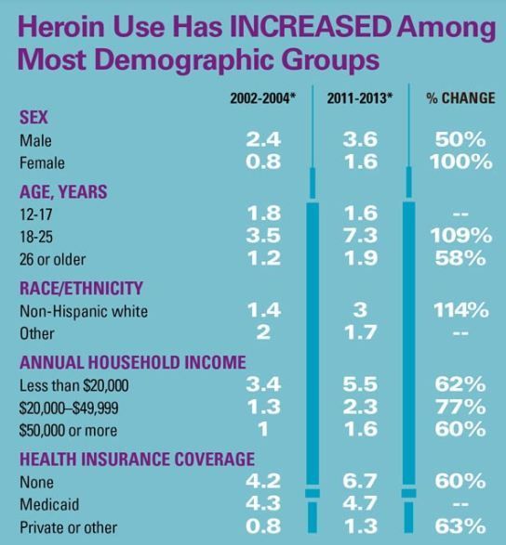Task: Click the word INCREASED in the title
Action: [x=309, y=27]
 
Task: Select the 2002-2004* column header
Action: [x=263, y=98]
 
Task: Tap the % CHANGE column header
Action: [x=460, y=98]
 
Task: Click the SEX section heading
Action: [x=33, y=117]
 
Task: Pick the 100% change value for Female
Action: [x=460, y=162]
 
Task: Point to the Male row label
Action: [x=35, y=141]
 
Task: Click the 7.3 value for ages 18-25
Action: [x=360, y=235]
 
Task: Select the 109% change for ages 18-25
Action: [x=461, y=235]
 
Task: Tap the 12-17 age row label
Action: [x=36, y=214]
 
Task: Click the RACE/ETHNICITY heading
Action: [x=81, y=288]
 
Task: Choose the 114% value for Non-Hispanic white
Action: [x=461, y=310]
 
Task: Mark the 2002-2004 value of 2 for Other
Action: [x=263, y=332]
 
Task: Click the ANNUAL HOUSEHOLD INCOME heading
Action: [x=133, y=362]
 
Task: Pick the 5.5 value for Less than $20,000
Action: [x=360, y=384]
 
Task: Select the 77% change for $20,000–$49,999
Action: [x=460, y=407]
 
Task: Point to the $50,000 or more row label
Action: [x=68, y=431]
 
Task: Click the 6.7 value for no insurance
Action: [x=360, y=481]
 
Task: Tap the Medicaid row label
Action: [x=49, y=505]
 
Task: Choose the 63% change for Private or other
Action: [x=460, y=526]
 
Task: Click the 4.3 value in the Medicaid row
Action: [x=263, y=503]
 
